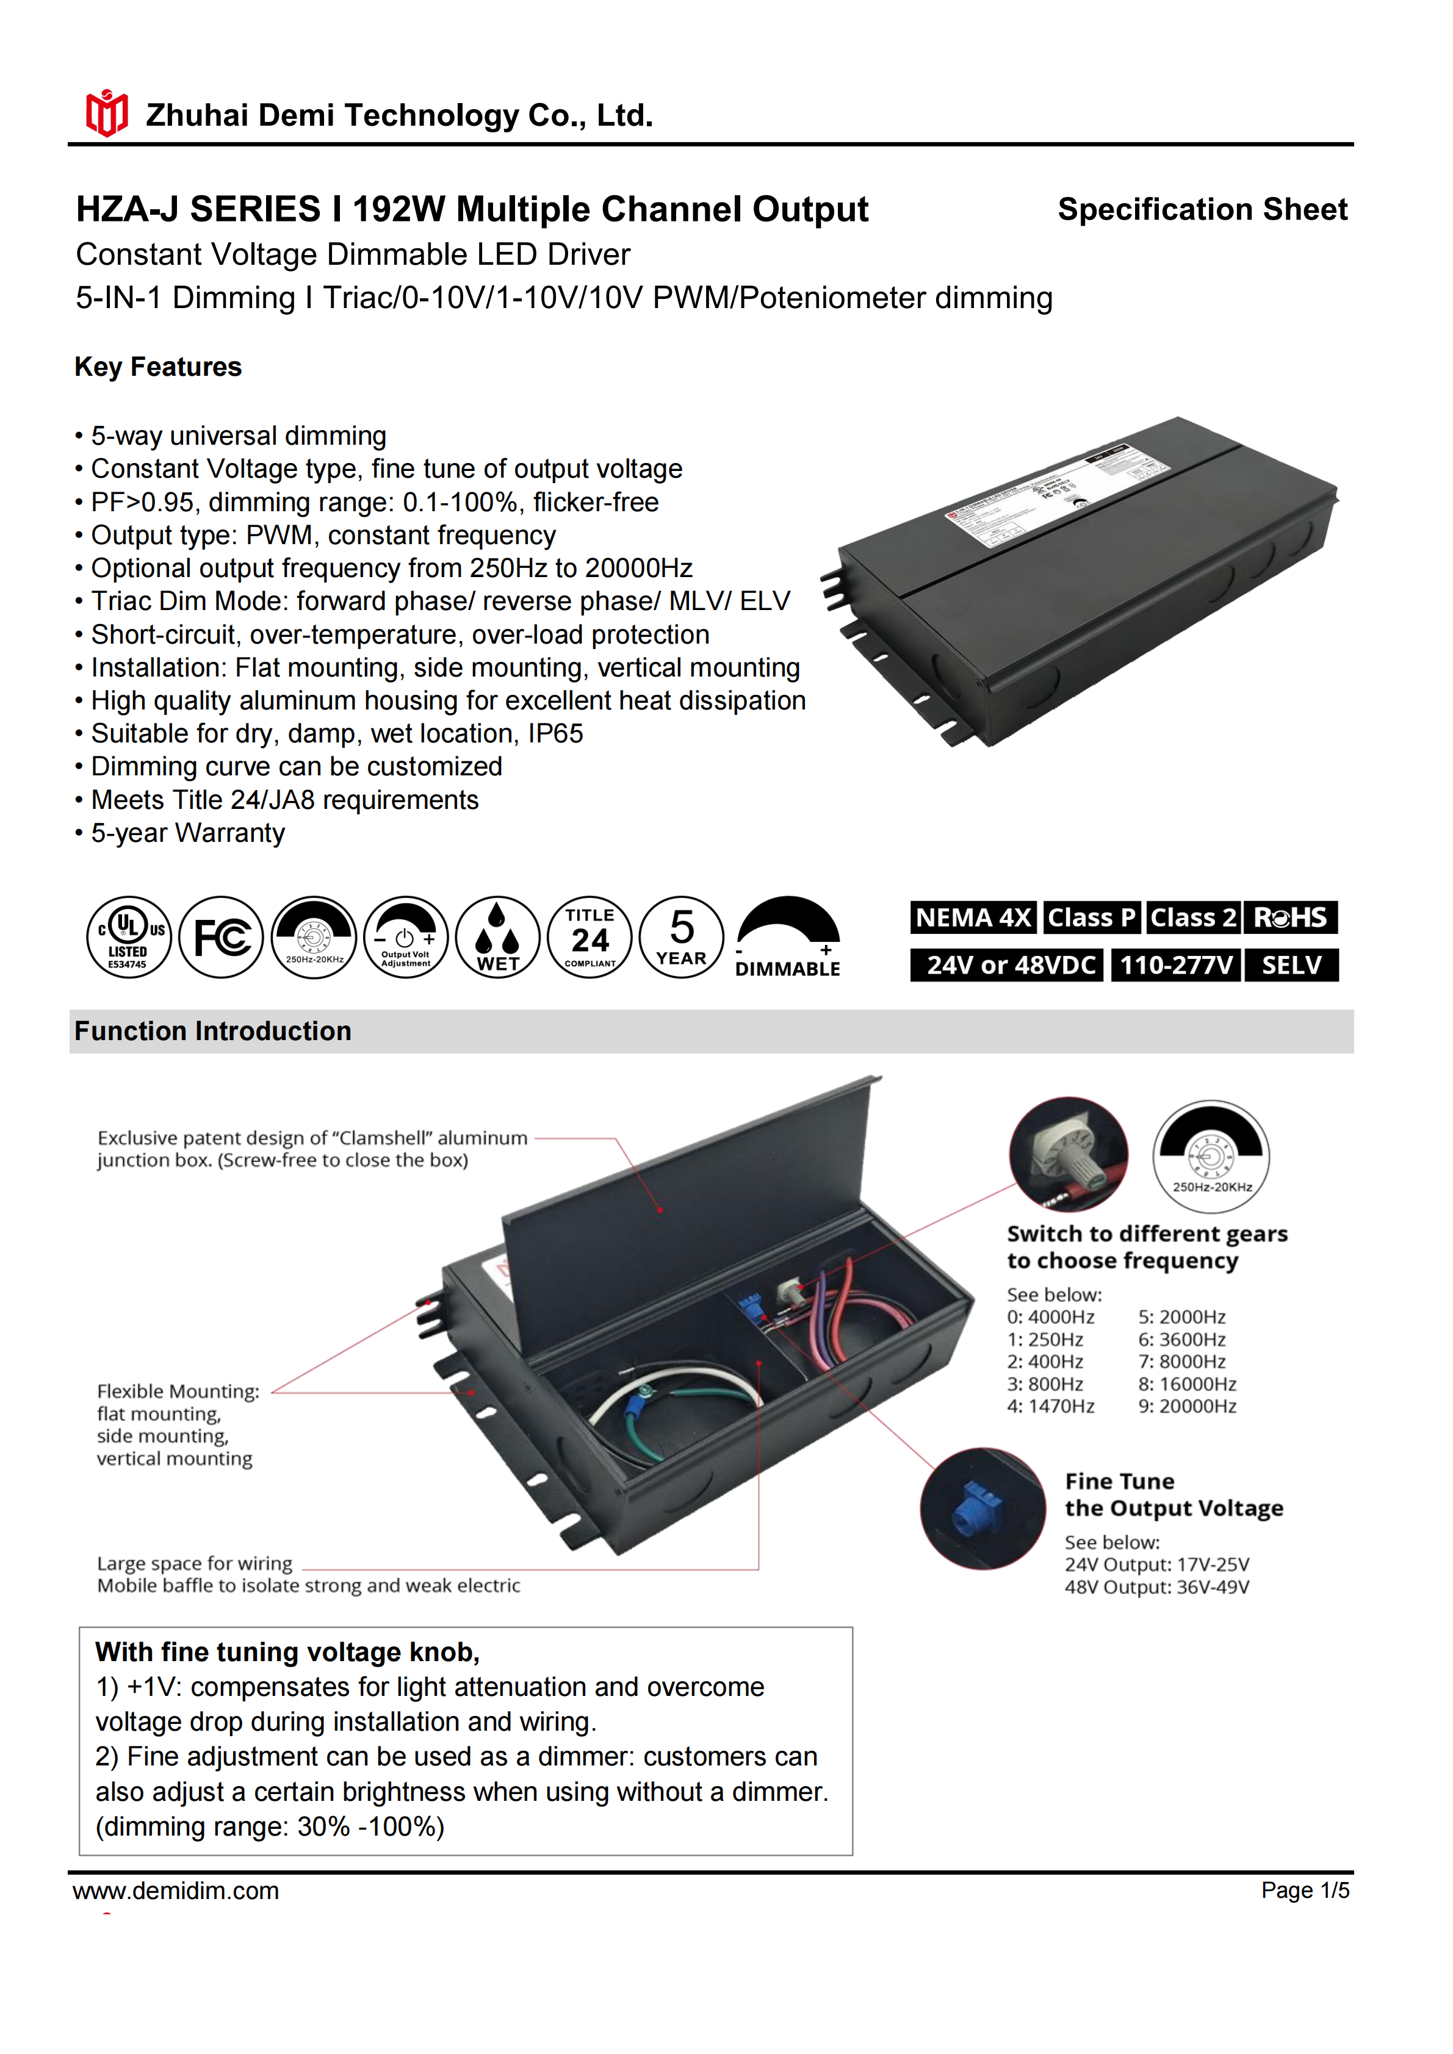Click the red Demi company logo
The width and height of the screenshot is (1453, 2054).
point(106,113)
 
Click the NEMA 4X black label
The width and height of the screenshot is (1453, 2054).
point(973,918)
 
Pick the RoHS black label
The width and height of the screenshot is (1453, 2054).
point(1290,918)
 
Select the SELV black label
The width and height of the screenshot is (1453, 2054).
point(1291,965)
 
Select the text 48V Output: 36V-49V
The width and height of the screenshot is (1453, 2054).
point(1157,1587)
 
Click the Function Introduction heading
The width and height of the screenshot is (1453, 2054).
point(213,1032)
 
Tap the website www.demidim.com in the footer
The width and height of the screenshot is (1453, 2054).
point(176,1891)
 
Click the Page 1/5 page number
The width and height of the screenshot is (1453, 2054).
point(1305,1891)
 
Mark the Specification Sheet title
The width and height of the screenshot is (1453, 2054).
point(1202,209)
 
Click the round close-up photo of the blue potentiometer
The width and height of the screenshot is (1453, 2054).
point(982,1509)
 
